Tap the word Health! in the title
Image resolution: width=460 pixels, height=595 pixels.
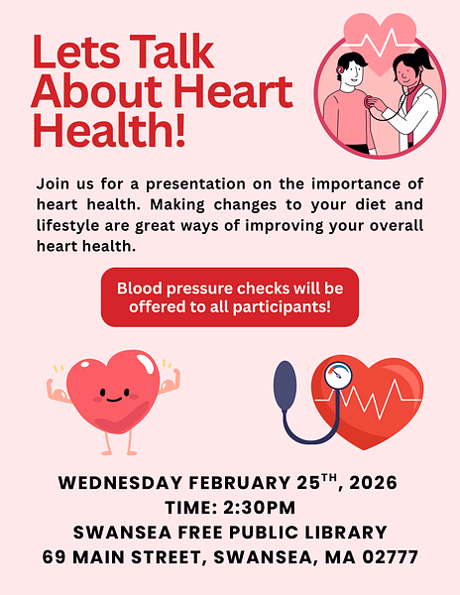coord(109,129)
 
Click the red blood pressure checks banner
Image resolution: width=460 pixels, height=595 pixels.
coord(230,297)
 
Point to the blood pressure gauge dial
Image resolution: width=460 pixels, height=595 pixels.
coord(337,376)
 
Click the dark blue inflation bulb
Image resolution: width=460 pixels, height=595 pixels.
coord(286,381)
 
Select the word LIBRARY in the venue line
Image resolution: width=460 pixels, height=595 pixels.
coord(336,532)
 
